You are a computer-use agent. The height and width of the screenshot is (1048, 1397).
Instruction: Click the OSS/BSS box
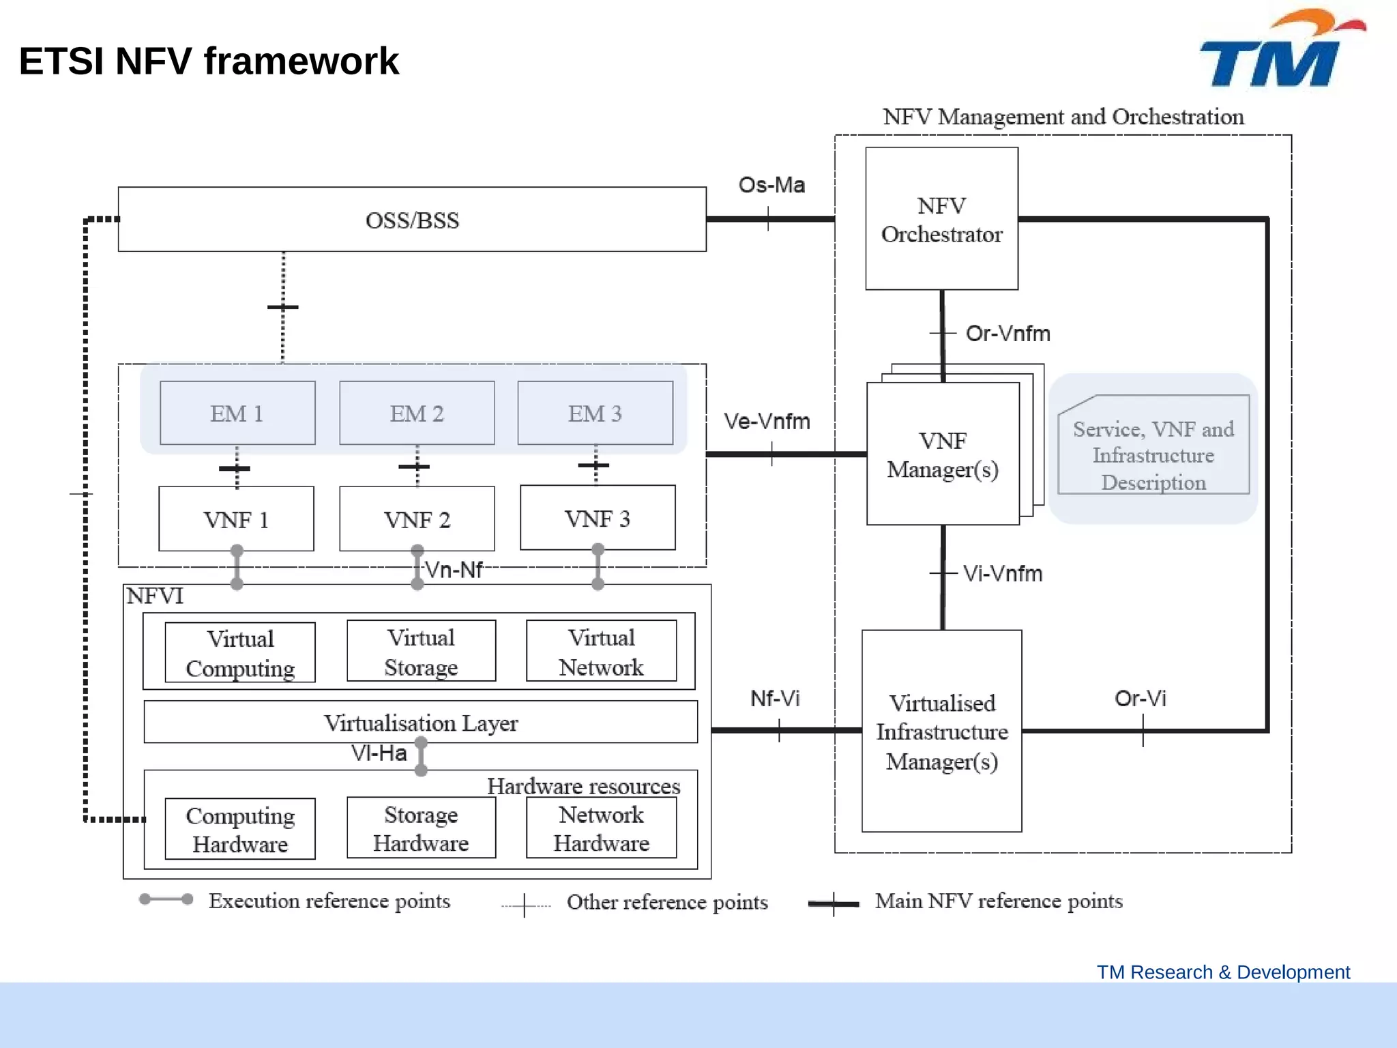[x=412, y=220]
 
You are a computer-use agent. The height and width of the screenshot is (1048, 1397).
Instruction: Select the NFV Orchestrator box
[x=941, y=219]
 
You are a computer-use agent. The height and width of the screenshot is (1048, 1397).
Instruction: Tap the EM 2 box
[x=417, y=413]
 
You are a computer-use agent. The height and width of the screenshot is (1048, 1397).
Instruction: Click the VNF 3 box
[x=598, y=518]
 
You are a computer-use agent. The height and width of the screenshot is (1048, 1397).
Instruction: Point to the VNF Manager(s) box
[x=943, y=454]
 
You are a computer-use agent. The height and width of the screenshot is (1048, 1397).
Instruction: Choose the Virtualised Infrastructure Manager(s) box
[x=941, y=731]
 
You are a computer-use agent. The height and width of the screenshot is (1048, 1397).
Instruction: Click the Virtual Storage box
[x=421, y=651]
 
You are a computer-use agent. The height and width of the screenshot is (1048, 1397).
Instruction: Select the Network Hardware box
[x=601, y=828]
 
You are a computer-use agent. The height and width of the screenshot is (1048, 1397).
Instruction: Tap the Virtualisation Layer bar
[x=420, y=722]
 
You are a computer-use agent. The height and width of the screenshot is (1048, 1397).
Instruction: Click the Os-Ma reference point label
[x=771, y=185]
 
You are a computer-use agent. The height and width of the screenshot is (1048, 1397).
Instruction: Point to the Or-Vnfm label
[x=1008, y=333]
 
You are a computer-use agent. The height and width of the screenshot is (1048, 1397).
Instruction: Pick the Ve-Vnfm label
[x=767, y=421]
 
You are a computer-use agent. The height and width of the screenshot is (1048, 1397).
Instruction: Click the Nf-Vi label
[x=775, y=698]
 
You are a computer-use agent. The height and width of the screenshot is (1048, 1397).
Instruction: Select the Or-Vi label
[x=1140, y=698]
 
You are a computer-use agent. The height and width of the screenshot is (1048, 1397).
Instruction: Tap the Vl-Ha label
[x=379, y=753]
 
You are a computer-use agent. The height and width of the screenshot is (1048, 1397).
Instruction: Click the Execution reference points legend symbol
[x=166, y=899]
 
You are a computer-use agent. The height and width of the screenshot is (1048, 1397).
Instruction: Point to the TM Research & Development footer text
[x=1223, y=972]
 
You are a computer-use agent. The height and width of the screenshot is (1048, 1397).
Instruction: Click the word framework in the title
[x=301, y=61]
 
